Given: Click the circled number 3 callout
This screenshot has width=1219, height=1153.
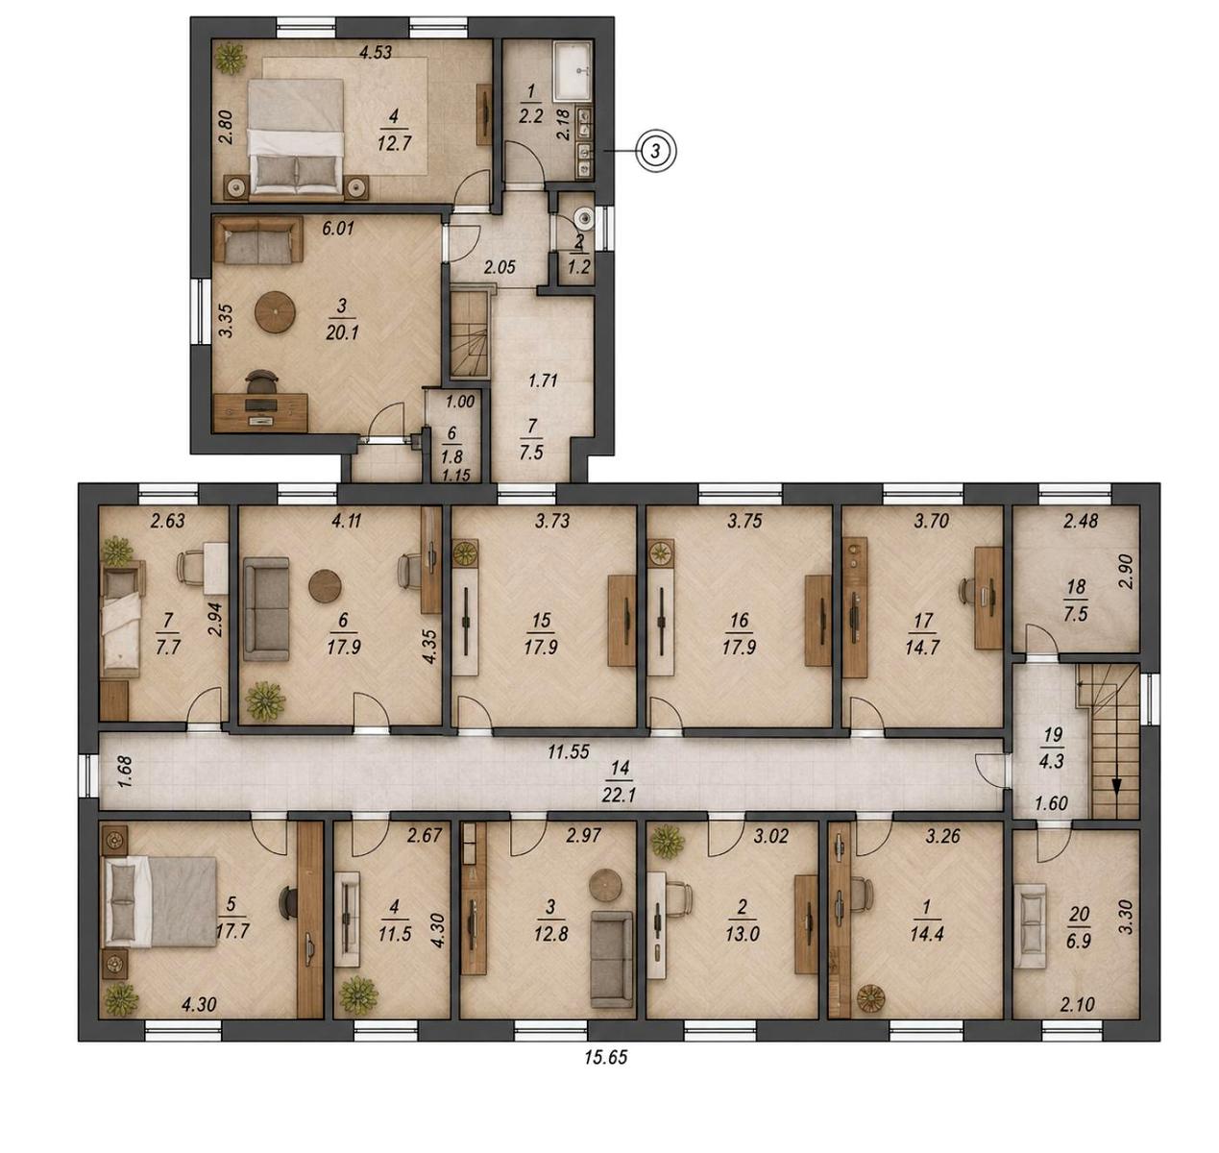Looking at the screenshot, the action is (x=658, y=151).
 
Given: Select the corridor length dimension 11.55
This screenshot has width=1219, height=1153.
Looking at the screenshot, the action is (x=569, y=752).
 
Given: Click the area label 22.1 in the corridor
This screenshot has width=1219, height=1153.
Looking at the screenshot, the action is (x=619, y=794).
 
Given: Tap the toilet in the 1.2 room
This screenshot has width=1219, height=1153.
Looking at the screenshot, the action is (x=583, y=217).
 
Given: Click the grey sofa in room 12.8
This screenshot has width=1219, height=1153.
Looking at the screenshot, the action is (x=611, y=959).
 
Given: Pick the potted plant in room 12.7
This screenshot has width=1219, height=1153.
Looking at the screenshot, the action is (x=231, y=59).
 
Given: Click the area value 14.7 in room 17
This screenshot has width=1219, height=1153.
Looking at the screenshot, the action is (x=922, y=648).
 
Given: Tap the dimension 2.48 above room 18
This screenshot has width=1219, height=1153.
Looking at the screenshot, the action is (x=1080, y=521).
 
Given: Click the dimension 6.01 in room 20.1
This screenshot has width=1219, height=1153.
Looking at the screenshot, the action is (x=337, y=229).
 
